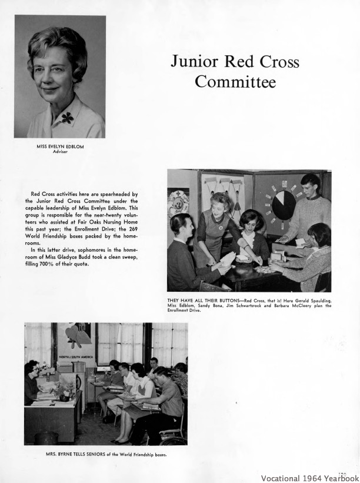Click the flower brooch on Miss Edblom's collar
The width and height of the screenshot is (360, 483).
pos(68,118)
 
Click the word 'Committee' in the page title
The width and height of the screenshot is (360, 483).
pos(235,82)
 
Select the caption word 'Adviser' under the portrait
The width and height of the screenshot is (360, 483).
pos(61,151)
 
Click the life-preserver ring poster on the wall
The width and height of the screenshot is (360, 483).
pos(178,202)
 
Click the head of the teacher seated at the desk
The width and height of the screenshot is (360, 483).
pos(31,369)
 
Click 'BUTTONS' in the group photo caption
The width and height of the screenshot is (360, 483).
pos(212,301)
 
